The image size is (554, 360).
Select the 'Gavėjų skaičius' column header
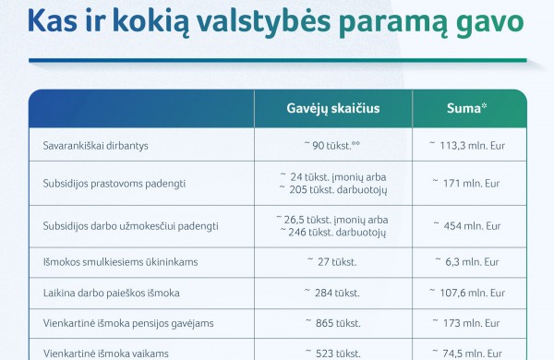[333, 109]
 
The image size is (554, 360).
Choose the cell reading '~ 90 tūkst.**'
[332, 146]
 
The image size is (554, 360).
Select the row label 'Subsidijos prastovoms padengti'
[114, 184]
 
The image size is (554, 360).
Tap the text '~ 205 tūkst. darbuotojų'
[333, 189]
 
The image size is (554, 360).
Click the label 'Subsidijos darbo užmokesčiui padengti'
[130, 225]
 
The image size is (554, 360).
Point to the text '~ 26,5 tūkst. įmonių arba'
[332, 219]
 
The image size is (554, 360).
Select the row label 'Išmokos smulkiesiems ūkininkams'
[120, 262]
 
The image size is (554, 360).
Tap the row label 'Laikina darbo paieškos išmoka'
[112, 294]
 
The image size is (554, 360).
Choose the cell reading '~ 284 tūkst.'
[332, 294]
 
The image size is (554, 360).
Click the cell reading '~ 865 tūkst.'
[332, 324]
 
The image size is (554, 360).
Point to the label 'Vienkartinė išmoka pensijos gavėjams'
[128, 324]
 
